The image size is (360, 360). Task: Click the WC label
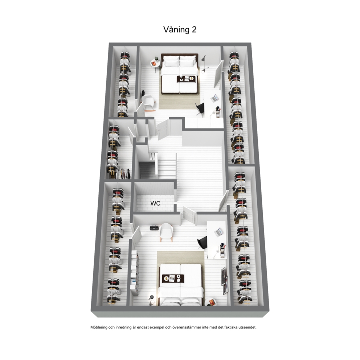(x=155, y=204)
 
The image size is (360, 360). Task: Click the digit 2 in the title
(x=194, y=30)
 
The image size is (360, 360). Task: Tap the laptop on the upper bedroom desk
(x=214, y=98)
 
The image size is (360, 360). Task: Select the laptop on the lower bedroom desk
(x=218, y=232)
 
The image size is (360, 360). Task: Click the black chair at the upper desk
(x=200, y=109)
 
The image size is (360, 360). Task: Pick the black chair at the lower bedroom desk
(x=202, y=242)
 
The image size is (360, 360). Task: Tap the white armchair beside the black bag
(x=166, y=232)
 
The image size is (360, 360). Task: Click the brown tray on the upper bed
(x=186, y=79)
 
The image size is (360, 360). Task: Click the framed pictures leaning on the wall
(x=224, y=280)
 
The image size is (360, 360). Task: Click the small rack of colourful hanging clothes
(x=124, y=174)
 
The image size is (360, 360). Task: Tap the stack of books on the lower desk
(x=222, y=250)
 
